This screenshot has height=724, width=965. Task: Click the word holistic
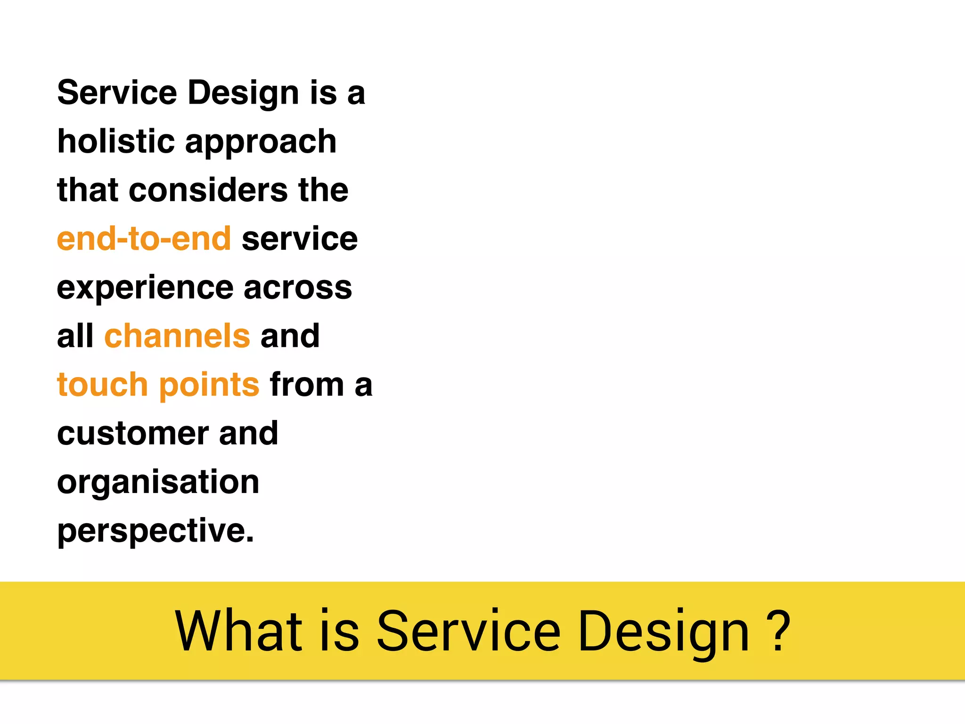point(116,141)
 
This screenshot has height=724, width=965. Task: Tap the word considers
point(208,190)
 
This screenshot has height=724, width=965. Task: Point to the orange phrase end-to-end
point(144,239)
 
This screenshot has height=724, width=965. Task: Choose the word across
point(298,288)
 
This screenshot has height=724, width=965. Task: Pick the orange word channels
point(177,336)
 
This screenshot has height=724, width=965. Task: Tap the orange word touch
point(102,385)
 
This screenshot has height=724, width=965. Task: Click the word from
point(307,385)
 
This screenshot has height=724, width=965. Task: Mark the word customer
point(133,434)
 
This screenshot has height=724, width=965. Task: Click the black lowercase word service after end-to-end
point(300,239)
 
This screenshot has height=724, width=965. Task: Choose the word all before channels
point(75,336)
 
